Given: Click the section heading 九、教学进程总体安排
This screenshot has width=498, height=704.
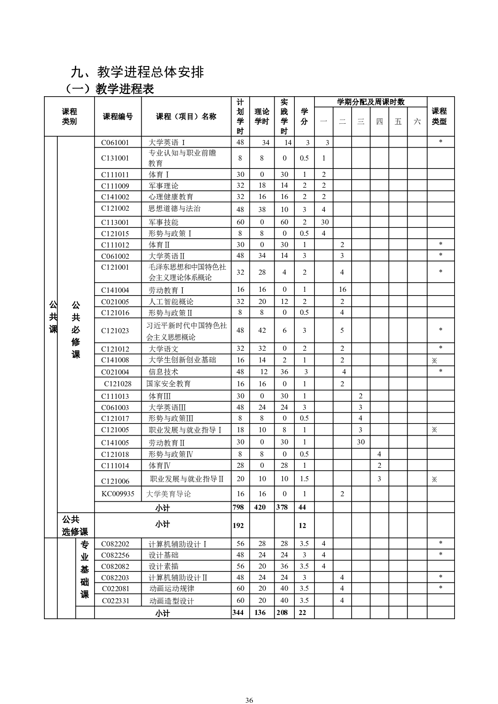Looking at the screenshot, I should click(137, 72).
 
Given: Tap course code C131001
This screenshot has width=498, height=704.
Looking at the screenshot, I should click(115, 158).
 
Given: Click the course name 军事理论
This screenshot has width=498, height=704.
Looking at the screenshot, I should click(163, 186).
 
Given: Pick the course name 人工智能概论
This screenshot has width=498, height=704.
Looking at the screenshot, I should click(171, 301).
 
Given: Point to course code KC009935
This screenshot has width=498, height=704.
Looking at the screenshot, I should click(118, 494).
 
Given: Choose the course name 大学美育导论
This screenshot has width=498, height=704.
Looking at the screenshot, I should click(169, 494).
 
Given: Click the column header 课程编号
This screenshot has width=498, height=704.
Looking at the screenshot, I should click(118, 117).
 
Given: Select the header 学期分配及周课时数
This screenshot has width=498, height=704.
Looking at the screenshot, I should click(370, 102).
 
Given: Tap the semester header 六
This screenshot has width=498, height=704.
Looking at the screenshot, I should click(417, 122).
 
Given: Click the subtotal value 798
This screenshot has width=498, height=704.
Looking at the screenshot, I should click(238, 507).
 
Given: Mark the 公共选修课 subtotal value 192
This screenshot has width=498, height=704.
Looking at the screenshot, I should click(238, 525).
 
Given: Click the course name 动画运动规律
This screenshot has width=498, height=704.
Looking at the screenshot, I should click(172, 589).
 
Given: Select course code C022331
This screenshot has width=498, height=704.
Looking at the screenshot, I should click(116, 601).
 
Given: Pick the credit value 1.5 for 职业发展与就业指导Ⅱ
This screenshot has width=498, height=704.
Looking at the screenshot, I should click(304, 479).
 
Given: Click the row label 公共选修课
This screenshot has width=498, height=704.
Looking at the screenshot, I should click(75, 525).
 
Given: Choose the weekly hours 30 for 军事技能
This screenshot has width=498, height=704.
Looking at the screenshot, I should click(324, 222).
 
